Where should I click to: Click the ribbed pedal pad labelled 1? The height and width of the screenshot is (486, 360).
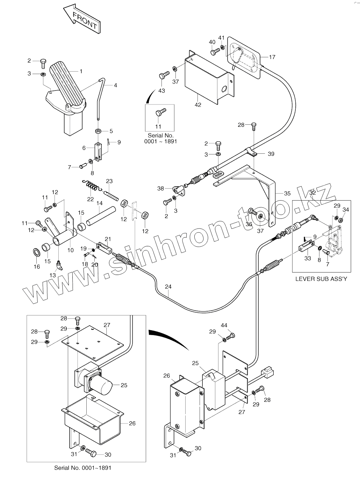pyautogui.click(x=66, y=84)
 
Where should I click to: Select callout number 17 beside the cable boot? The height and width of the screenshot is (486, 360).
pyautogui.click(x=272, y=57)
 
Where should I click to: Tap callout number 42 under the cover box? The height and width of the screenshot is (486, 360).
pyautogui.click(x=198, y=105)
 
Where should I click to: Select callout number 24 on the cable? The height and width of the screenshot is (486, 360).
pyautogui.click(x=168, y=287)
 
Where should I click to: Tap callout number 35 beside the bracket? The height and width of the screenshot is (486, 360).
pyautogui.click(x=287, y=193)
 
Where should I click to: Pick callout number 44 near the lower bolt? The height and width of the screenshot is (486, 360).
pyautogui.click(x=224, y=325)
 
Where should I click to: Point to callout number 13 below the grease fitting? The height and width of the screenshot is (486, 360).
pyautogui.click(x=52, y=275)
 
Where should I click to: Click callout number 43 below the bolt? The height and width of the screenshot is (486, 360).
pyautogui.click(x=161, y=91)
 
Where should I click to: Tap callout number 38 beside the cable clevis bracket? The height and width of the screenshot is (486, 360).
pyautogui.click(x=160, y=188)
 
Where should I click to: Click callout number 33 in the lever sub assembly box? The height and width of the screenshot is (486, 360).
pyautogui.click(x=308, y=259)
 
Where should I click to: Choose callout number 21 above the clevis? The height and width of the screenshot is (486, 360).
pyautogui.click(x=108, y=239)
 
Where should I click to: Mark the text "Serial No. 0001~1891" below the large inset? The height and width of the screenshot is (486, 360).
pyautogui.click(x=83, y=468)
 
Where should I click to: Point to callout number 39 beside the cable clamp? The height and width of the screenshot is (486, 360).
pyautogui.click(x=271, y=154)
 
